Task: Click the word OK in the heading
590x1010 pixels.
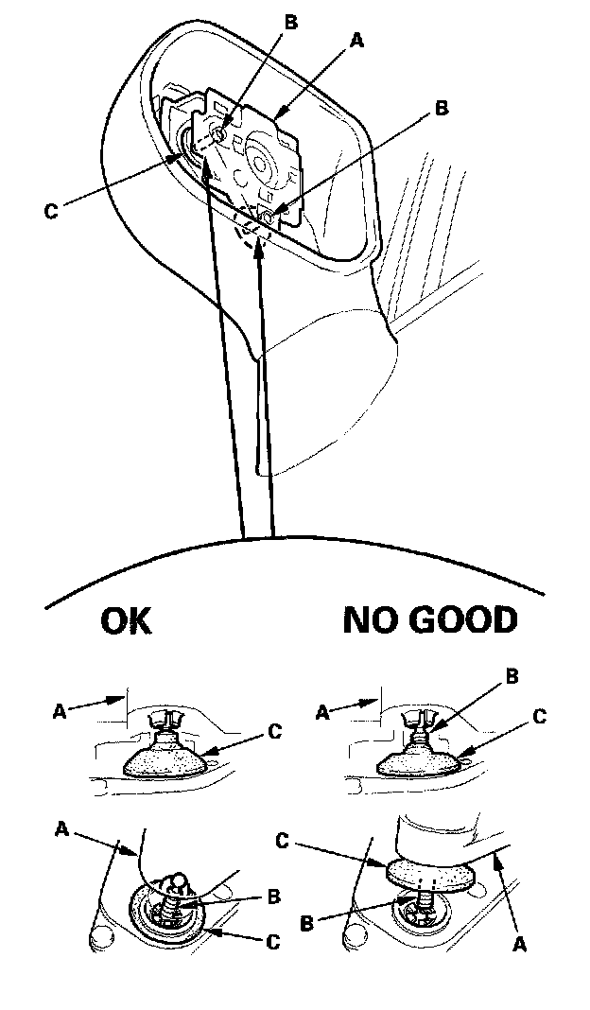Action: (x=126, y=621)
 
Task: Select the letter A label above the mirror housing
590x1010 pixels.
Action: (x=357, y=41)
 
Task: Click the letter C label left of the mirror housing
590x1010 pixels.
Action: (x=51, y=211)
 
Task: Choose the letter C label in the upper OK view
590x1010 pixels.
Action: (x=273, y=730)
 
